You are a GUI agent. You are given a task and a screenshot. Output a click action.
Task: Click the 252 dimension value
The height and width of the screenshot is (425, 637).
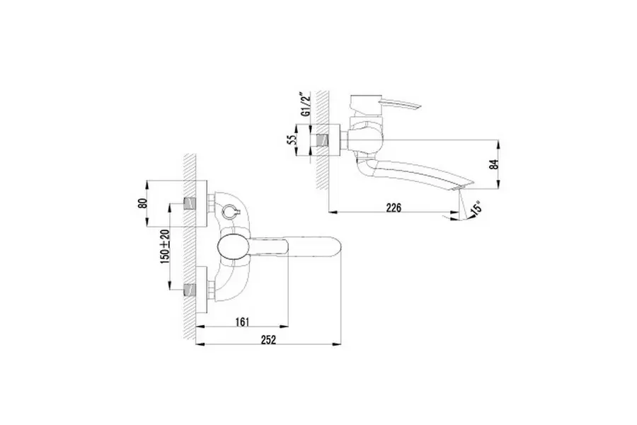[268, 340]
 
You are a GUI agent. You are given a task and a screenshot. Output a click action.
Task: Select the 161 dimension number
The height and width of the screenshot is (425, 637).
[243, 322]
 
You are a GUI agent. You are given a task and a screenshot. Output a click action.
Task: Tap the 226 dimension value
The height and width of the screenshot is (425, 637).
[394, 207]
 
